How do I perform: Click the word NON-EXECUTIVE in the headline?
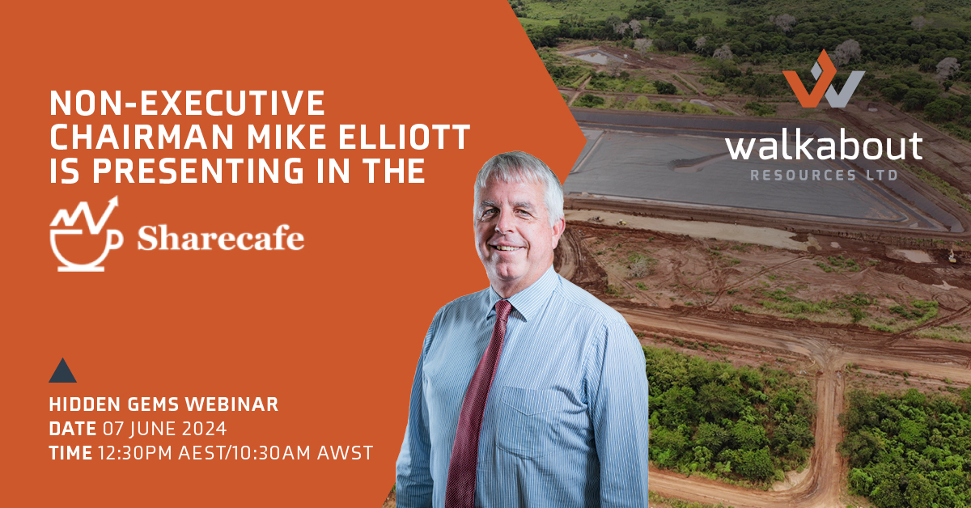pyautogui.click(x=188, y=104)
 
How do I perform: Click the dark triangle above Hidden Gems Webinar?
pyautogui.click(x=62, y=370)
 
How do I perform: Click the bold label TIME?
pyautogui.click(x=70, y=453)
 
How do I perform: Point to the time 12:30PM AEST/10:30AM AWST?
pyautogui.click(x=235, y=453)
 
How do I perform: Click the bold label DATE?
pyautogui.click(x=71, y=430)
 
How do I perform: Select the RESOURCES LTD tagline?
pyautogui.click(x=823, y=175)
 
